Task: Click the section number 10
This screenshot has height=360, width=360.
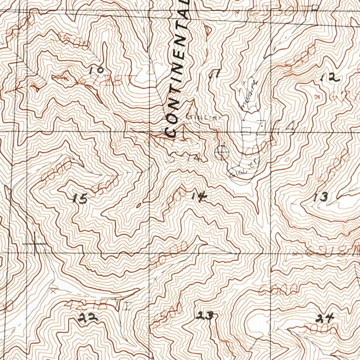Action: pos(96,70)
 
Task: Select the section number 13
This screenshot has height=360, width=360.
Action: pos(321,197)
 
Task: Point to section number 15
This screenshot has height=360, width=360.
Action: pos(80,199)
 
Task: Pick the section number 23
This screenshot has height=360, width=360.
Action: pos(205,316)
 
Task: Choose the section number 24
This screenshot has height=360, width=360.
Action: pos(324,319)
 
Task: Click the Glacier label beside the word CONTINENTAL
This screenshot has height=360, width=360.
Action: pos(204,117)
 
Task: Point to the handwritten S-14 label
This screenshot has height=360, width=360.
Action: pos(186,158)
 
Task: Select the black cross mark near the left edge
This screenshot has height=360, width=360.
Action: pos(36,243)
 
